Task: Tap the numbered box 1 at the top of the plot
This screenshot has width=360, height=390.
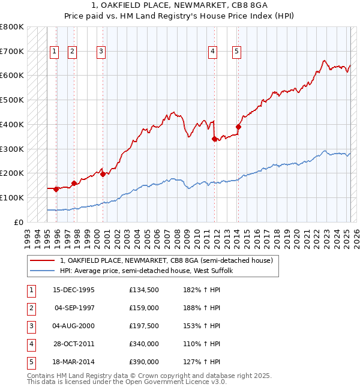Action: point(55,52)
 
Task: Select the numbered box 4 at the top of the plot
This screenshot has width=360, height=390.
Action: point(213,52)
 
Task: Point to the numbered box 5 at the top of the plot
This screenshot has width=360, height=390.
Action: point(237,52)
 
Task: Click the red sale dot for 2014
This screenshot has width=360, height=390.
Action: point(238,127)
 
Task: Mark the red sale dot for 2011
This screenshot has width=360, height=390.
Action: point(214,139)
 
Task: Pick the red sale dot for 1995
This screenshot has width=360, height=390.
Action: point(56,189)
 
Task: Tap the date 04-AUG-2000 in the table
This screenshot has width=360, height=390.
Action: point(74,327)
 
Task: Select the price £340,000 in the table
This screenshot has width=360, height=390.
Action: point(144,344)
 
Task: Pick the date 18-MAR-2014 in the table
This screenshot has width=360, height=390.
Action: point(74,362)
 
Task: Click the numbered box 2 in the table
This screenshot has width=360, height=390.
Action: point(31,309)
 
